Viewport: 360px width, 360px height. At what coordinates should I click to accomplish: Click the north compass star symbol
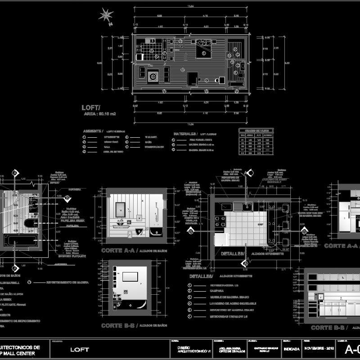[x=107, y=15]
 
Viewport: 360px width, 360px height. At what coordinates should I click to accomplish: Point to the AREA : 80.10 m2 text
[x=100, y=114]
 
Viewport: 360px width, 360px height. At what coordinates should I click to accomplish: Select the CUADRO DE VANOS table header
[x=254, y=130]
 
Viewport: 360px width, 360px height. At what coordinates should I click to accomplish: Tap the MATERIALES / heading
[x=184, y=134]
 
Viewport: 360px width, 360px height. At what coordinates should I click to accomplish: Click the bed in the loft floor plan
[x=204, y=49]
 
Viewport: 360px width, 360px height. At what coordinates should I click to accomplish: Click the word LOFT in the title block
[x=80, y=349]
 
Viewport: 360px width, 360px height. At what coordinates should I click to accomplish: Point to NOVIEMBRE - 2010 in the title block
[x=319, y=348]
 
